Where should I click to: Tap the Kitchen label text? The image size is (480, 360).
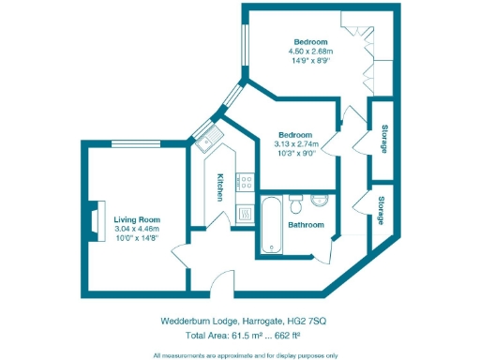(x=219, y=187)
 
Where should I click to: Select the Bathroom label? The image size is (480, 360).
(x=306, y=225)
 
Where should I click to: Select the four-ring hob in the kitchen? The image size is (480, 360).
(x=245, y=179)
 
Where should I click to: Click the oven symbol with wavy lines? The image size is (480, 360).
(x=245, y=213)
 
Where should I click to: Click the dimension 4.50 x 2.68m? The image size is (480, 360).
(x=310, y=52)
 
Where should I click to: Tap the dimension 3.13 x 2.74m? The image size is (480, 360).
(x=296, y=144)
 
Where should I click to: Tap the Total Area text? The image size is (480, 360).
(x=211, y=335)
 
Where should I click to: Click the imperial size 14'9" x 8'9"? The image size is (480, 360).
(x=310, y=61)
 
